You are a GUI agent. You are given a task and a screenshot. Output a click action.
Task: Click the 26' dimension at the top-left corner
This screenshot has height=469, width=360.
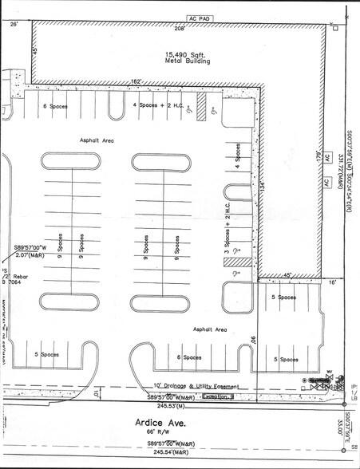[13, 25]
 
